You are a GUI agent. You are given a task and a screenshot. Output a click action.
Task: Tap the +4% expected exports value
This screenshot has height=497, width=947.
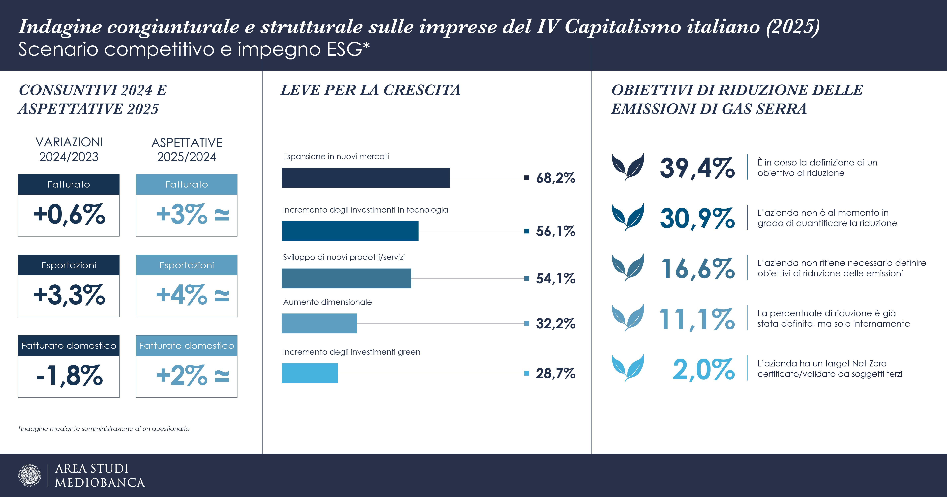tap(182, 295)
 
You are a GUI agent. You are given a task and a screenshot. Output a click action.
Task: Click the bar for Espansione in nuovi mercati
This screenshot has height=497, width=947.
tap(365, 178)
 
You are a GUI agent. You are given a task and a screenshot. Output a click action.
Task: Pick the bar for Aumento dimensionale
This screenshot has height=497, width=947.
tap(319, 324)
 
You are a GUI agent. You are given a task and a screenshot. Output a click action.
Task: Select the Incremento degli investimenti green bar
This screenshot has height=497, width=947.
tap(310, 373)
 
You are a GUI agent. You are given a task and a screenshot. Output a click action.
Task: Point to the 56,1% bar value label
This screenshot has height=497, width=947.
tap(556, 231)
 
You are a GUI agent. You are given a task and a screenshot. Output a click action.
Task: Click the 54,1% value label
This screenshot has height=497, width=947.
tap(556, 279)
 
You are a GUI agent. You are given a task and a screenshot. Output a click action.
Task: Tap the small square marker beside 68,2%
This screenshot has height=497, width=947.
tap(526, 178)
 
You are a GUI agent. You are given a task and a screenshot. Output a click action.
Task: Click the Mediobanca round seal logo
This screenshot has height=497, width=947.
tap(29, 475)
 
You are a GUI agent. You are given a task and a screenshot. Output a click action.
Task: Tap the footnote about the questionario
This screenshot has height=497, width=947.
tap(104, 429)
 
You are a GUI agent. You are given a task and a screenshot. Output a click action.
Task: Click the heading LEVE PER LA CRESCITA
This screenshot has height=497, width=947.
tap(370, 90)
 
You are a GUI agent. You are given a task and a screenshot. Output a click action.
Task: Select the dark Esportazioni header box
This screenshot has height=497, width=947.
tap(69, 265)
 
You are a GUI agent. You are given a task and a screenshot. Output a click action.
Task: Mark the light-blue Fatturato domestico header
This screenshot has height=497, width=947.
tap(186, 346)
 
